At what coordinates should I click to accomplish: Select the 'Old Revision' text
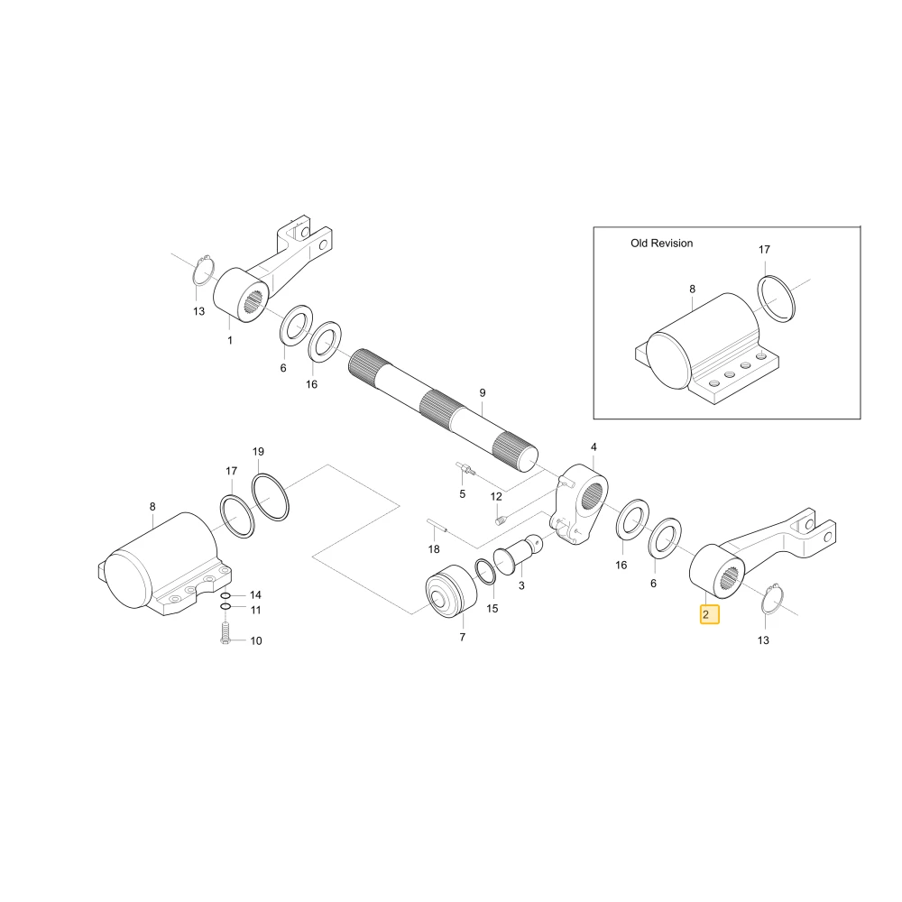(x=661, y=244)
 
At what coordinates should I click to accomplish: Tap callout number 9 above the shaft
(x=482, y=393)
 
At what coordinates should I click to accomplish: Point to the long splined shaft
(x=443, y=410)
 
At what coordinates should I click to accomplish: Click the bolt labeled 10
(x=225, y=633)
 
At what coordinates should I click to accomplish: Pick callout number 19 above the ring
(x=258, y=452)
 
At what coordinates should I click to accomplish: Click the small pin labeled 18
(x=437, y=527)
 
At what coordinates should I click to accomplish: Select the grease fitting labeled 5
(x=464, y=468)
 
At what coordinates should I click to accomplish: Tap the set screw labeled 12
(x=499, y=520)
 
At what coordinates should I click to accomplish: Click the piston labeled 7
(x=451, y=591)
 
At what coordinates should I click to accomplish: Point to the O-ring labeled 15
(x=485, y=571)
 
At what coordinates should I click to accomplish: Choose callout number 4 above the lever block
(x=594, y=447)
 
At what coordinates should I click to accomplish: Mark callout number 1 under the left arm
(x=229, y=341)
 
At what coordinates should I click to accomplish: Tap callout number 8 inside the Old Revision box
(x=692, y=290)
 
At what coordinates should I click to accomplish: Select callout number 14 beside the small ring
(x=255, y=594)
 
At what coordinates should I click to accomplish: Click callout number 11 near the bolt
(x=255, y=610)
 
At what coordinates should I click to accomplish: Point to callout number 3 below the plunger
(x=521, y=586)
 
